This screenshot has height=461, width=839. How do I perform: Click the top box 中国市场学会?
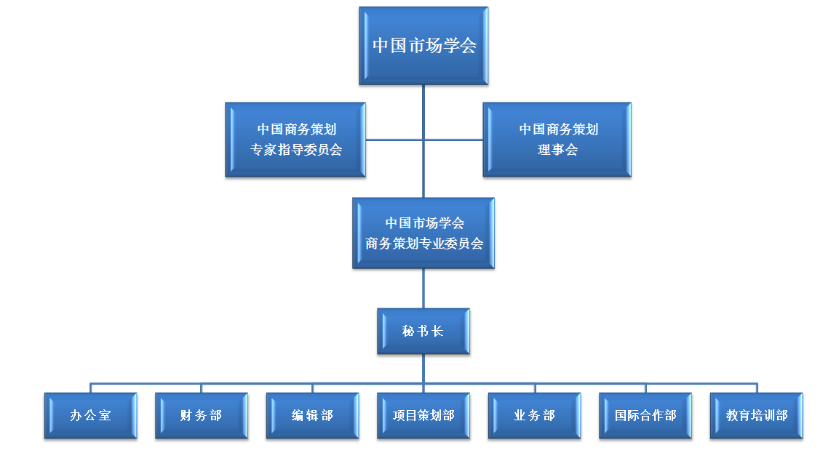pos(423,46)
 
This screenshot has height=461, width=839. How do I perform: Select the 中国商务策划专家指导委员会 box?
pos(295,140)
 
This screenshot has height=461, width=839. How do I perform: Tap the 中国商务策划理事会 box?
pos(557,140)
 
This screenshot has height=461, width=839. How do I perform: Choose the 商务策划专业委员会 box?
pos(424,233)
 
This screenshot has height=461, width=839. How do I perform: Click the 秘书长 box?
pos(424,332)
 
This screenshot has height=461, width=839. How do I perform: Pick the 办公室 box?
pos(91,416)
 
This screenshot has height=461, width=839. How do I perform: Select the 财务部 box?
pos(202,416)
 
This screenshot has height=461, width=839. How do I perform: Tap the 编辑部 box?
pos(313,416)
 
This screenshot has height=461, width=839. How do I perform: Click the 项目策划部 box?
pos(424,416)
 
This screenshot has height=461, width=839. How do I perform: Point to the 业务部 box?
pos(535,416)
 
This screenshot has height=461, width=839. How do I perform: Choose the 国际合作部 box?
pos(645,416)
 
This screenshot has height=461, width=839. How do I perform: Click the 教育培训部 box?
pos(757,416)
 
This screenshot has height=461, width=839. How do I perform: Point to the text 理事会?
pos(557,151)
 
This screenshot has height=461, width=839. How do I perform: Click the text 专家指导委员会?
pos(296,151)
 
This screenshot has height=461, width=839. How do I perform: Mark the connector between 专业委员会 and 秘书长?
pos(424,289)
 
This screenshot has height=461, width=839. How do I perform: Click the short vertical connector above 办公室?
pos(91,388)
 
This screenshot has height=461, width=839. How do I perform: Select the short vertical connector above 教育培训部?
pos(757,388)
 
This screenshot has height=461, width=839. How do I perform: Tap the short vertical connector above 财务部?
pos(202,388)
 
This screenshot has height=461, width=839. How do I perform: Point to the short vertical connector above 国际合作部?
pos(645,388)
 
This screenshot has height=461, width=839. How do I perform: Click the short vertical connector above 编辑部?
pos(313,388)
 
